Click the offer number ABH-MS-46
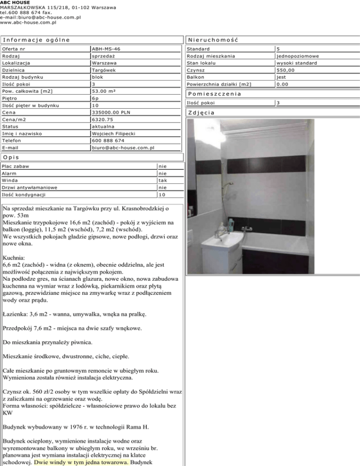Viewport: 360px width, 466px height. (106, 49)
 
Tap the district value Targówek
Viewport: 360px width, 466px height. (104, 70)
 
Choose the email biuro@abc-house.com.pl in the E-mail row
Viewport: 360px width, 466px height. (123, 148)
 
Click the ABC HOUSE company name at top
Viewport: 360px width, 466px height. (15, 3)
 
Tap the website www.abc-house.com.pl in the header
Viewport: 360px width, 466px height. (28, 22)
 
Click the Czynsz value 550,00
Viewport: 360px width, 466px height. (285, 70)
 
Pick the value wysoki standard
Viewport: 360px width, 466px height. (296, 63)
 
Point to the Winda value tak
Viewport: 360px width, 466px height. (163, 180)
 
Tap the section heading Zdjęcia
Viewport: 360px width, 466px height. (201, 113)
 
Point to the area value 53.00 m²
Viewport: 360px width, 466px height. (107, 91)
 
